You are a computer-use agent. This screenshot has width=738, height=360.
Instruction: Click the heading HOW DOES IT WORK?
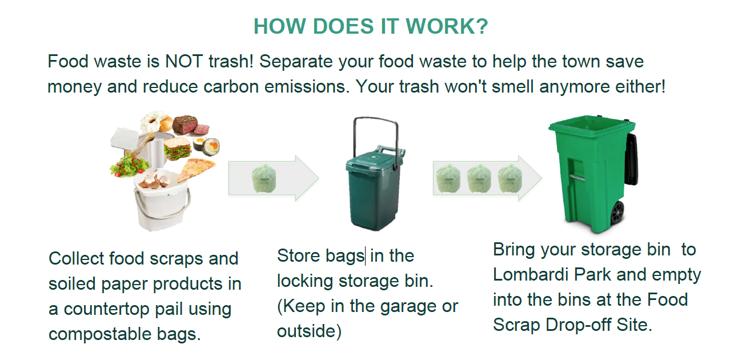(x=370, y=27)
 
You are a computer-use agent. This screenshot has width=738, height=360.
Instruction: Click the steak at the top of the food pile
(x=185, y=124)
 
